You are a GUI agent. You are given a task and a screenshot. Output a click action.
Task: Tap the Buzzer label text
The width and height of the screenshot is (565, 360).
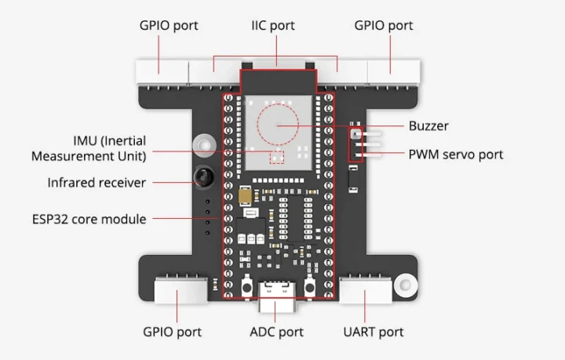428,125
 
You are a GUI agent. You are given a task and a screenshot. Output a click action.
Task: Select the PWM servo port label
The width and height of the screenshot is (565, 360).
456,154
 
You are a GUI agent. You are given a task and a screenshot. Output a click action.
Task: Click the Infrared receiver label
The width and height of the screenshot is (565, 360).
97,183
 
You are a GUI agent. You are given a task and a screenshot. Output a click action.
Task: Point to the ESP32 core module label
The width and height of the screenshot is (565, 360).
89,219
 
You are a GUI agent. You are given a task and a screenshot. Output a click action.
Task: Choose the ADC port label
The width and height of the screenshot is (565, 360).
276,332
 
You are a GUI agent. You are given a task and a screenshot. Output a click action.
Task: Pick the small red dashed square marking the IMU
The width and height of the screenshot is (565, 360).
276,158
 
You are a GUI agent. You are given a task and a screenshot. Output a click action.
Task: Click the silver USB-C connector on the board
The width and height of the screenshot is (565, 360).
276,288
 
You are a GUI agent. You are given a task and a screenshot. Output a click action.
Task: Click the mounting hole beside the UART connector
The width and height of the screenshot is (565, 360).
405,283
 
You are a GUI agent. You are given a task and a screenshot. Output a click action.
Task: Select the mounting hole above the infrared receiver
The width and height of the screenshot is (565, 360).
205,146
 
